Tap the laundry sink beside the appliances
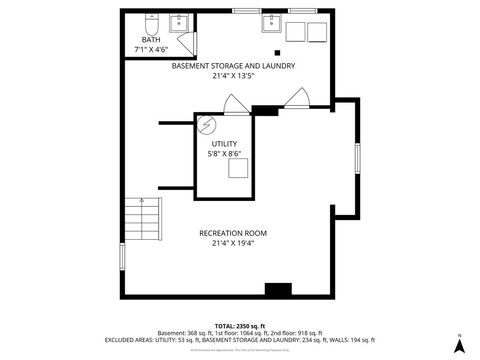click(271, 24)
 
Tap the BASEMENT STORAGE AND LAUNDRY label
click(233, 66)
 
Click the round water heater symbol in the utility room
click(206, 125)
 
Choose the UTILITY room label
click(224, 143)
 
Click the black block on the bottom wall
click(277, 290)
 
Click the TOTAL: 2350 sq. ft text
click(240, 326)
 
